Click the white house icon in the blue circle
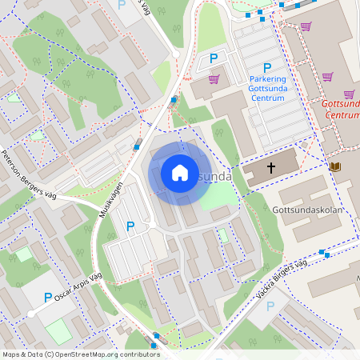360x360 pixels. click(179, 172)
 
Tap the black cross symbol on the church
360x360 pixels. click(271, 168)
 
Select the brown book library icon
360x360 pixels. click(334, 166)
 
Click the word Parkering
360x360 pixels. click(267, 79)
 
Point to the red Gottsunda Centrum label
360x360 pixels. click(339, 109)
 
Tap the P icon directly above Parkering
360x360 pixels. click(267, 68)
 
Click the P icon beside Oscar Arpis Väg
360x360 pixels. click(48, 297)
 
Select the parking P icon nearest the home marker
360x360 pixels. click(130, 226)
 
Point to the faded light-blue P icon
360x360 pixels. click(270, 306)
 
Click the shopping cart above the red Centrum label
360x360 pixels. click(327, 77)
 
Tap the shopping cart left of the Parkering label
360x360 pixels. click(214, 79)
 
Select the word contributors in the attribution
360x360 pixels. click(135, 354)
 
